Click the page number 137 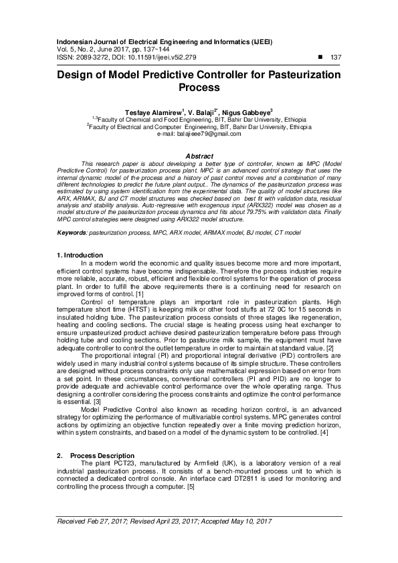tap(336, 58)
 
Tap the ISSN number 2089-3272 tap(93, 58)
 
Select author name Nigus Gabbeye tap(247, 113)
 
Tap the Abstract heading tap(199, 155)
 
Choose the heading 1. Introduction tap(80, 255)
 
